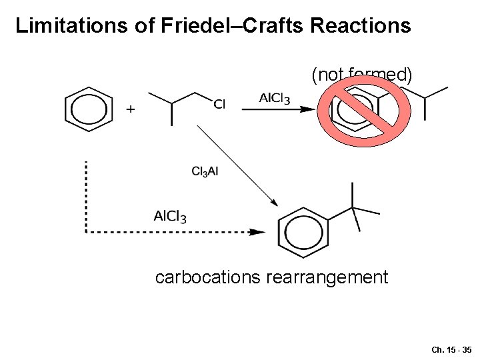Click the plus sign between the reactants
131,109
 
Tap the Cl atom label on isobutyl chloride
220,103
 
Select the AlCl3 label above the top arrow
274,99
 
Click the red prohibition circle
359,108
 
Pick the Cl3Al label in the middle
205,171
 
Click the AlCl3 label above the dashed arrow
170,216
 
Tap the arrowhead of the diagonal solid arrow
273,203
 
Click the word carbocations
207,277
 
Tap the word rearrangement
327,277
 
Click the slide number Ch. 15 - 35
451,349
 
